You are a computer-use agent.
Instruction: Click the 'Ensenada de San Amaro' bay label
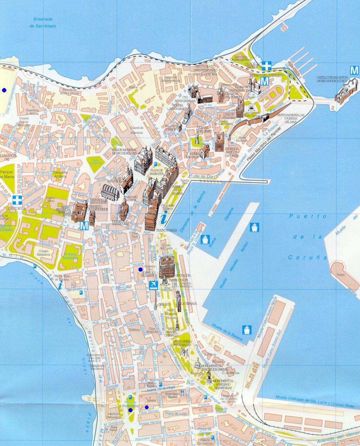(43, 23)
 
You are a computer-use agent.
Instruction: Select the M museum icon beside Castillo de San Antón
(354, 70)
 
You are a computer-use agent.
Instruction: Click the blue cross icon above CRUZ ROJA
(17, 200)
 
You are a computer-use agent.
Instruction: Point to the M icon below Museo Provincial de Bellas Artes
(84, 226)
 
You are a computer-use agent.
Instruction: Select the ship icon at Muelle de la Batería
(247, 329)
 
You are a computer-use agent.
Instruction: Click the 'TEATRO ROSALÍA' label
(166, 230)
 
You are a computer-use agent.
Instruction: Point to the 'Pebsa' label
(341, 275)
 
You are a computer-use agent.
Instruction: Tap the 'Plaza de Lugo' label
(176, 414)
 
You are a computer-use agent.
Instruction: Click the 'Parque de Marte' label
(7, 174)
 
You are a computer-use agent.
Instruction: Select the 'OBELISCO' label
(165, 304)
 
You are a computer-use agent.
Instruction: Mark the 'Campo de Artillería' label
(61, 174)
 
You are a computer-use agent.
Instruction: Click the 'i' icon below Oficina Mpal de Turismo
(60, 286)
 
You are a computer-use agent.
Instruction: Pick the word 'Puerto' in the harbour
(308, 216)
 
